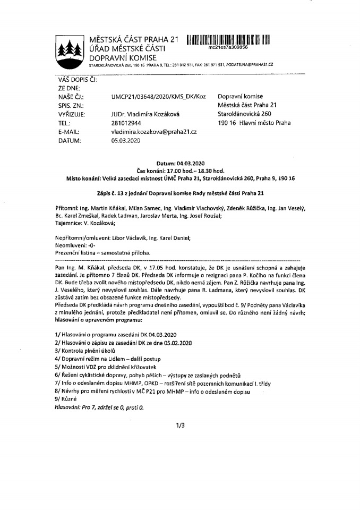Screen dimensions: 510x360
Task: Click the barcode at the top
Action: (228, 40)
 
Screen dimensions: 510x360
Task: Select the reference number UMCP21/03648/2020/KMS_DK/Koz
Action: (158, 97)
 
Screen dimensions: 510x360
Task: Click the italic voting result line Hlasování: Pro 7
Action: (99, 407)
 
